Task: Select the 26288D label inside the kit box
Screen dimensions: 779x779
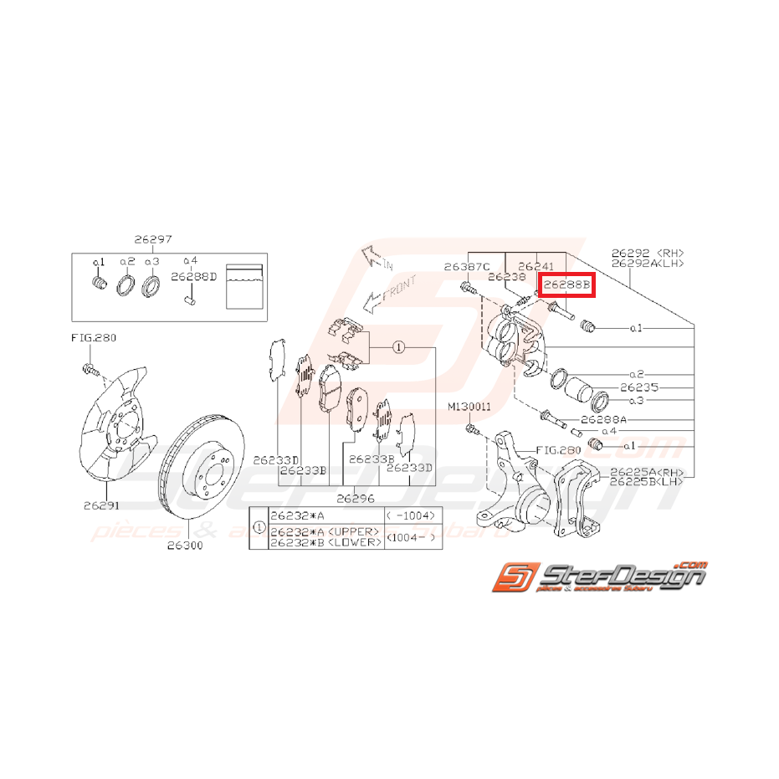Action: (194, 275)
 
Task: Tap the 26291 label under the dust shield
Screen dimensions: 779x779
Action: (101, 505)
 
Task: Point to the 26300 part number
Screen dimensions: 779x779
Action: (186, 545)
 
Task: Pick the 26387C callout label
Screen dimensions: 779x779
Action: (467, 267)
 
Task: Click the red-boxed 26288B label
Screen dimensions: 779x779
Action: (566, 284)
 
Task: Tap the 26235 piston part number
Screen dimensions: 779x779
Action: (639, 387)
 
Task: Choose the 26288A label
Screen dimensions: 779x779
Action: (603, 418)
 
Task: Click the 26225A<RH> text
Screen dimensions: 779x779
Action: (647, 471)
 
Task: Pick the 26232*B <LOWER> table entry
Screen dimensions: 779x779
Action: (325, 542)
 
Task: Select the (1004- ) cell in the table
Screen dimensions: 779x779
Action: (413, 537)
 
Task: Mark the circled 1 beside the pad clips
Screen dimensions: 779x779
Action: (399, 346)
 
